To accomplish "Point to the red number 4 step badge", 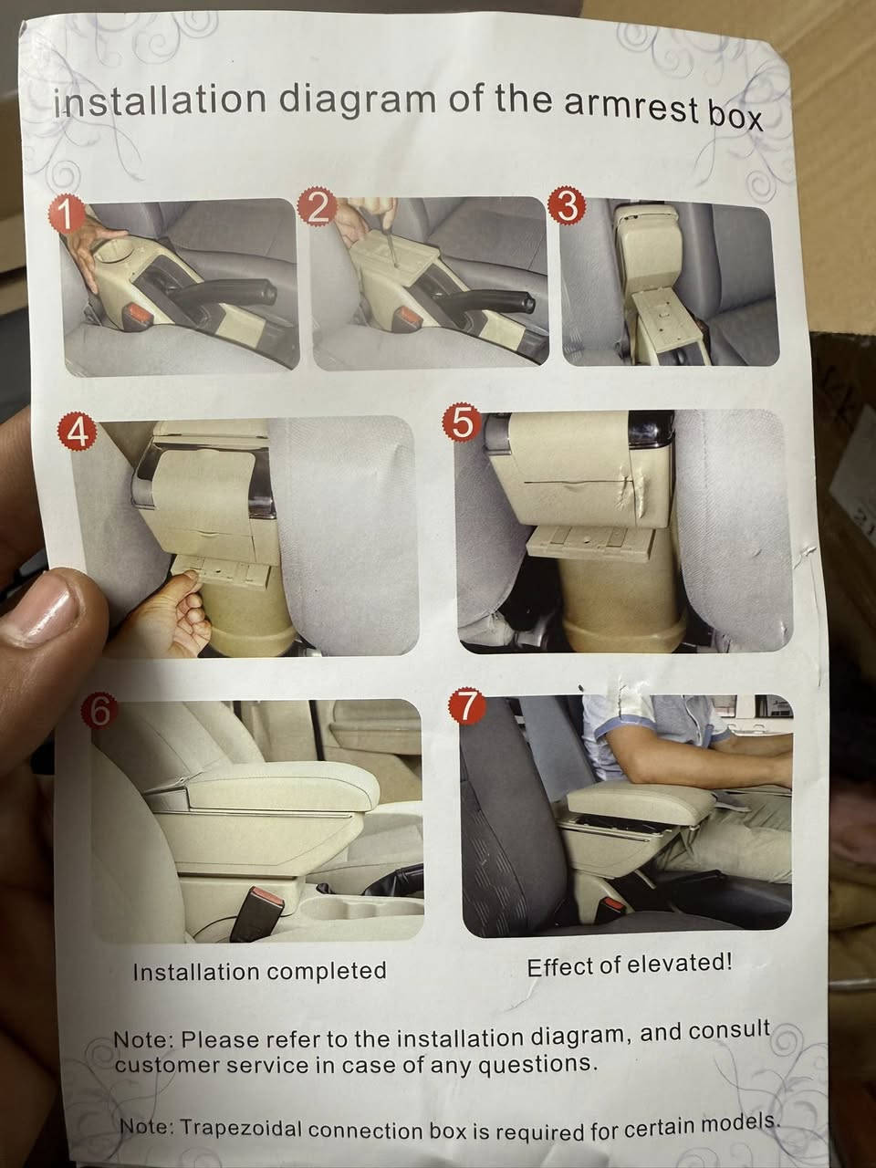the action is click(79, 433).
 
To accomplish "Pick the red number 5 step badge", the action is click(463, 424).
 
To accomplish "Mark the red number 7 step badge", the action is click(466, 708).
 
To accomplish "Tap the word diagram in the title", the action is click(357, 99).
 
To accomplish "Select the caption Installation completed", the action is click(259, 971).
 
